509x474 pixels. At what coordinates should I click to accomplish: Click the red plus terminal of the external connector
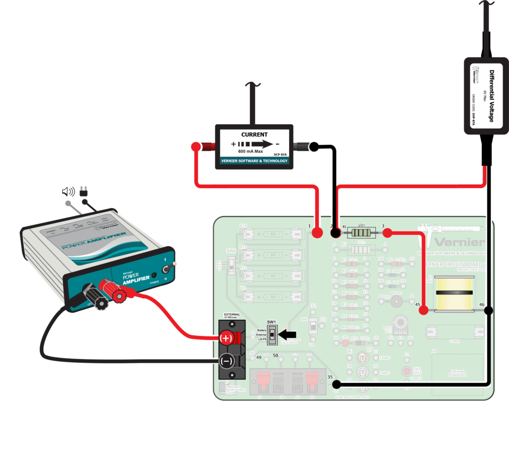[x=226, y=339]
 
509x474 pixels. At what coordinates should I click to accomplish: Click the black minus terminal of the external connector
[x=226, y=361]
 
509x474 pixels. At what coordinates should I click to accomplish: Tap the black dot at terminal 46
[x=489, y=311]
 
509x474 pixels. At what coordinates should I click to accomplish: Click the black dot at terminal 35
[x=337, y=384]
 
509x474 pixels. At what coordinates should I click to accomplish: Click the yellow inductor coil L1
[x=454, y=294]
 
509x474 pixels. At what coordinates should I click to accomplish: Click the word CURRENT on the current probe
[x=254, y=135]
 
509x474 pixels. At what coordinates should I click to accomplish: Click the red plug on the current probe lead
[x=203, y=146]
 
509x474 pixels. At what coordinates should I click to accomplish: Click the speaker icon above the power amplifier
[x=68, y=192]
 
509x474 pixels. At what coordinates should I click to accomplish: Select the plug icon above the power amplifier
[x=84, y=191]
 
